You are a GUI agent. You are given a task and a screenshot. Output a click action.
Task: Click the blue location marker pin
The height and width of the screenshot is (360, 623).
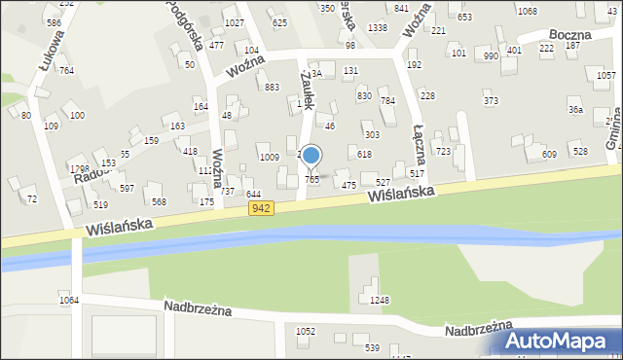point(311,157)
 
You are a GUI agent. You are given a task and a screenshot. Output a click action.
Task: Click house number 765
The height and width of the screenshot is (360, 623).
point(312,179)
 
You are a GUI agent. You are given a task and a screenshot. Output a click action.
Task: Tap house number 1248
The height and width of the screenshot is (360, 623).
point(379,300)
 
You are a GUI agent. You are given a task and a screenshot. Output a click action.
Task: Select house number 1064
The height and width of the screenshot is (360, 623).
point(67,300)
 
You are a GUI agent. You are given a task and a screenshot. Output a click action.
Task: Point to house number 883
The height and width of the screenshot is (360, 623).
point(273,88)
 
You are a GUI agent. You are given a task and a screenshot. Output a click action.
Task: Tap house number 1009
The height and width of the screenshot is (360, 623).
point(270,157)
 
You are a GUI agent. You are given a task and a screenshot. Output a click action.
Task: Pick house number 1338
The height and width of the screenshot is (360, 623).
point(379,28)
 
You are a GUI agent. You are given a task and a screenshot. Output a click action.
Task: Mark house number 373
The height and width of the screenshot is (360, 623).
point(491,101)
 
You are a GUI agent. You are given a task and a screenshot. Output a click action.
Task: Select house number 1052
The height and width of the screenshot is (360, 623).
point(306,331)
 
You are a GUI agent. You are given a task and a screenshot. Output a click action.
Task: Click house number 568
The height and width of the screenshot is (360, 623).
point(159,201)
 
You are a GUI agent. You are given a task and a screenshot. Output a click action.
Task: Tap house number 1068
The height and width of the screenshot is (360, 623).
point(527,11)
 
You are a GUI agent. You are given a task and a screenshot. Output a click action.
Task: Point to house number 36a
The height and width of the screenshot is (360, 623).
point(576,110)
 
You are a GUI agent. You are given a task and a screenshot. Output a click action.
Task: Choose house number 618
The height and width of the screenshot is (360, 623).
point(364,155)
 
